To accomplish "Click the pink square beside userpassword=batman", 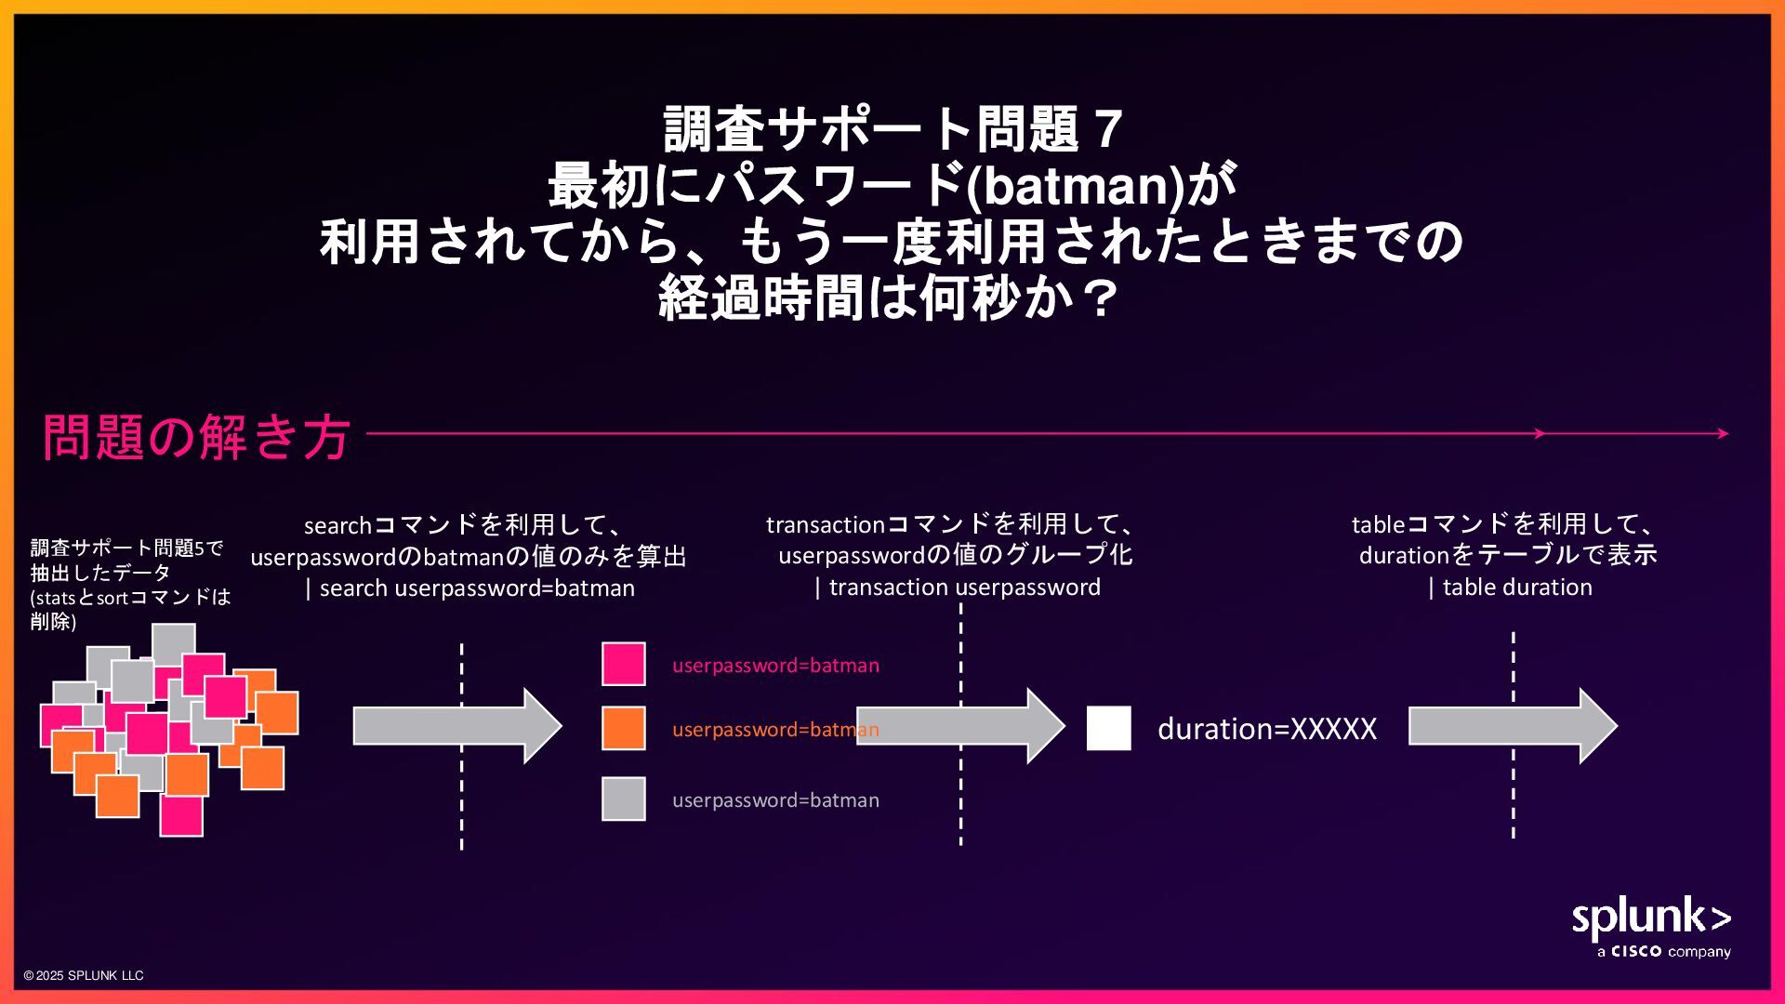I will [x=623, y=664].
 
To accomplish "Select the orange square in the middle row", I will [x=623, y=728].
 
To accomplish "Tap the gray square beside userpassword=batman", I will [x=623, y=799].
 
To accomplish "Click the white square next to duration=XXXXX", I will [x=1108, y=728].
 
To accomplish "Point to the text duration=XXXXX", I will [x=1266, y=729].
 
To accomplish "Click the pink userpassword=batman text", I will [x=775, y=666].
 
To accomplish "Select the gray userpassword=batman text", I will [x=775, y=800].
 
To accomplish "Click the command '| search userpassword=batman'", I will [x=470, y=588].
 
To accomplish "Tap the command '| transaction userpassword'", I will [x=958, y=588].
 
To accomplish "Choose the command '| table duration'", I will [x=1511, y=588].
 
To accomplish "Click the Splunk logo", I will [x=1650, y=918].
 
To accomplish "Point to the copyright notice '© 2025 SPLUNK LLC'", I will [x=84, y=975].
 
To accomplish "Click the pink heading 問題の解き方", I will [x=196, y=436].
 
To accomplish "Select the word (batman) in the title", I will [x=1077, y=185].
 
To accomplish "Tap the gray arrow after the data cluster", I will [x=456, y=726].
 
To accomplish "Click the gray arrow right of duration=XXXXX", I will [x=1512, y=726].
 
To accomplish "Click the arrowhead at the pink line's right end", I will [x=1723, y=433].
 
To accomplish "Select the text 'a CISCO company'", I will [x=1663, y=952].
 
